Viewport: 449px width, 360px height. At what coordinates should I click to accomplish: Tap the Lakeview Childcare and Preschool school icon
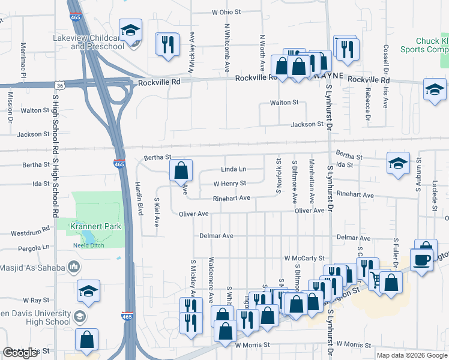click(130, 31)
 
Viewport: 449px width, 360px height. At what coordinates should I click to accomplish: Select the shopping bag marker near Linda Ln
click(181, 171)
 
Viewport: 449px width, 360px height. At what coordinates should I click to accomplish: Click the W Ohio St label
click(226, 11)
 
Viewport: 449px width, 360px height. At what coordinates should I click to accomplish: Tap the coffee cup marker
click(421, 260)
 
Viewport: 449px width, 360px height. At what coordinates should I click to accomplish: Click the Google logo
click(20, 353)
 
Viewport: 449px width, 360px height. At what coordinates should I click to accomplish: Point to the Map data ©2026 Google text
click(412, 355)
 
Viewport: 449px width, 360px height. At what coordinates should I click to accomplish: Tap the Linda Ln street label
click(234, 170)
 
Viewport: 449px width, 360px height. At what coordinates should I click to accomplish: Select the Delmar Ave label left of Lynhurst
click(217, 236)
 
